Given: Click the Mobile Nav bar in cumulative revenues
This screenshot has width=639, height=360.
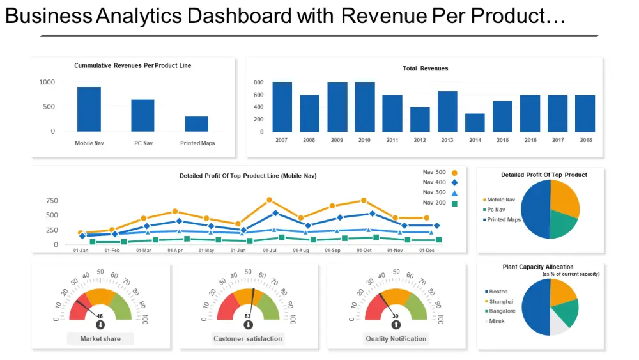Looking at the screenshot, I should click(89, 109).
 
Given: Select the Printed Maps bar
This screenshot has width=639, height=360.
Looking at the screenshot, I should click(197, 124).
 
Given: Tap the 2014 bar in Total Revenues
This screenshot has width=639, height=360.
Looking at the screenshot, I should click(475, 123).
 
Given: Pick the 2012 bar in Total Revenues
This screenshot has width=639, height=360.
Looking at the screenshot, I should click(420, 120).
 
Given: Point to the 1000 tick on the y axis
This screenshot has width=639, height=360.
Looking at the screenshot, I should click(47, 82).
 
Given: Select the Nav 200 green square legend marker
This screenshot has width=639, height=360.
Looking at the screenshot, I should click(454, 203).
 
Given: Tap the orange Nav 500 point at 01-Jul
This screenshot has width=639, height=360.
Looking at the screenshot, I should click(269, 200).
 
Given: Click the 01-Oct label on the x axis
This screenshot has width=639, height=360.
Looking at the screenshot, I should click(364, 251).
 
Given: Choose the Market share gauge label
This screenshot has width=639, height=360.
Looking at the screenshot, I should click(100, 338).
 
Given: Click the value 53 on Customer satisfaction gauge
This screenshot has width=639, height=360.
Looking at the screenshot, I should click(248, 316).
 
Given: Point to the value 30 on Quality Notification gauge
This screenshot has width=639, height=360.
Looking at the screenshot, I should click(396, 316).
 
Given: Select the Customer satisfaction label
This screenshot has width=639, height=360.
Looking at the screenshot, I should click(248, 338).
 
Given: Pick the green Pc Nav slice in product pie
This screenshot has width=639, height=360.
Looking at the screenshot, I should click(562, 224).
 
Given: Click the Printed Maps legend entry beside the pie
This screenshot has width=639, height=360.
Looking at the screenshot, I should click(504, 219).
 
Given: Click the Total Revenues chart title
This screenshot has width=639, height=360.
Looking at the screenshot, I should click(425, 68).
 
